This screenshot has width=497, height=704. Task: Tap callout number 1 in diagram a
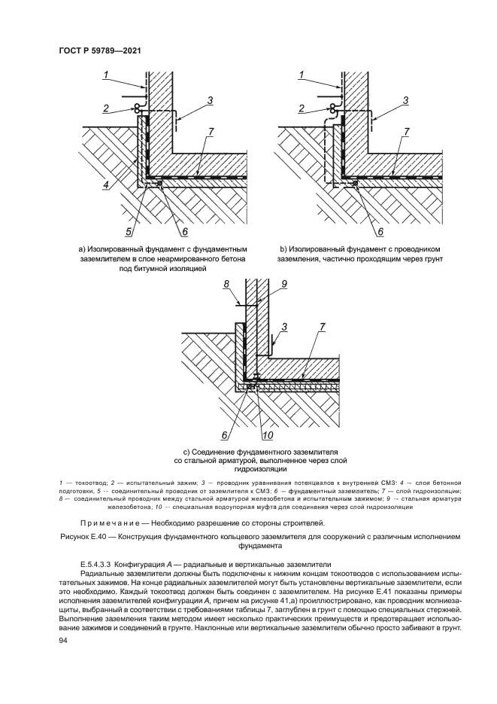(x=107, y=74)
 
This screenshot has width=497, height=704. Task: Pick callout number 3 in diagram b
(x=405, y=100)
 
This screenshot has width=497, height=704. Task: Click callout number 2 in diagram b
(x=301, y=109)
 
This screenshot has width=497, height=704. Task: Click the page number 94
(x=63, y=640)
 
